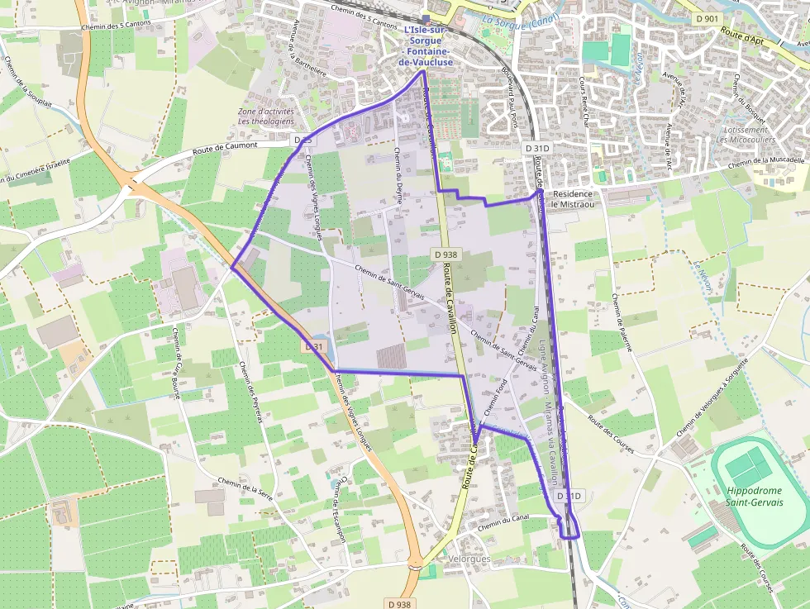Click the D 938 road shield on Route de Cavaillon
(x=444, y=255)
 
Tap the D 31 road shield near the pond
(x=313, y=347)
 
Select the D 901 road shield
(x=708, y=17)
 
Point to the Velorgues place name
(x=468, y=559)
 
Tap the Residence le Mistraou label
(x=572, y=198)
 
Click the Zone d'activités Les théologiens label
(x=265, y=117)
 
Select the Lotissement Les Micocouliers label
(x=746, y=135)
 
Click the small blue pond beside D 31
(x=320, y=344)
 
